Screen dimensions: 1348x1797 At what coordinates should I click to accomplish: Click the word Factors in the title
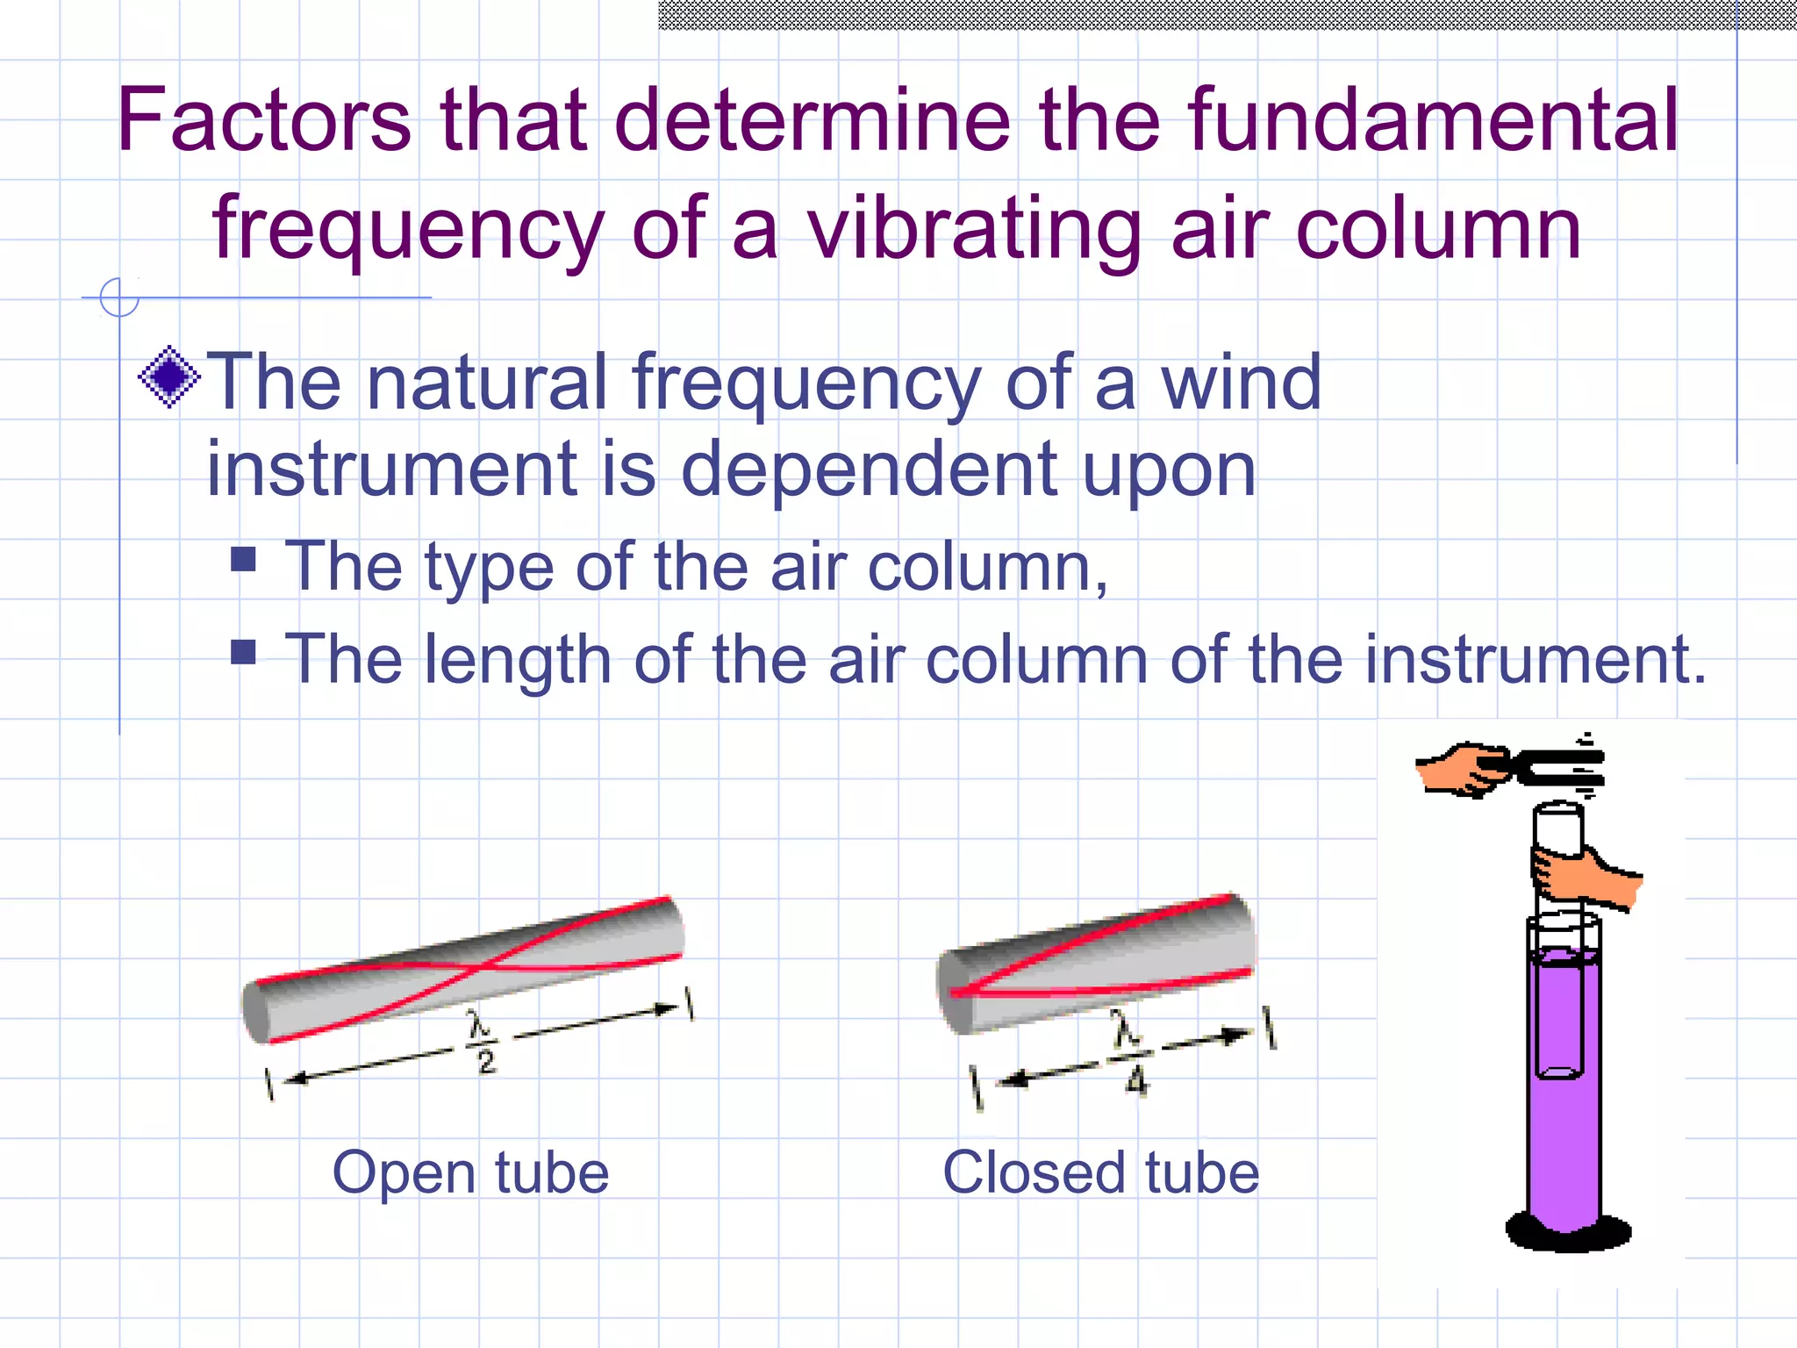[264, 120]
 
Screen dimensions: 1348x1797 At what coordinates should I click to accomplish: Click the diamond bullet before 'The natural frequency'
[169, 377]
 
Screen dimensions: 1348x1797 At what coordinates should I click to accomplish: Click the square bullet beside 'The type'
[243, 559]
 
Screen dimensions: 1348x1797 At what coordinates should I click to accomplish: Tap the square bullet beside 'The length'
[243, 651]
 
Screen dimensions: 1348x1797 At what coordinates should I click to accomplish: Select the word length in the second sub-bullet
[517, 660]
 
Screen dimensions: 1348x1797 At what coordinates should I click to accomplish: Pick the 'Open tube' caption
[470, 1172]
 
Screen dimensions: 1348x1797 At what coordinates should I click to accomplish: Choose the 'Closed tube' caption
[1100, 1172]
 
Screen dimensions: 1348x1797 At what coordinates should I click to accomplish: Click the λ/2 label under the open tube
[482, 1042]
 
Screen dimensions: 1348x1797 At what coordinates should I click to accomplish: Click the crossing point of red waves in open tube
[481, 966]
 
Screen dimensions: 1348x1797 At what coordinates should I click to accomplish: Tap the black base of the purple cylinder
[1568, 1230]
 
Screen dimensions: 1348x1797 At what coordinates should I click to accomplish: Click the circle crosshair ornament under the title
[119, 298]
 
